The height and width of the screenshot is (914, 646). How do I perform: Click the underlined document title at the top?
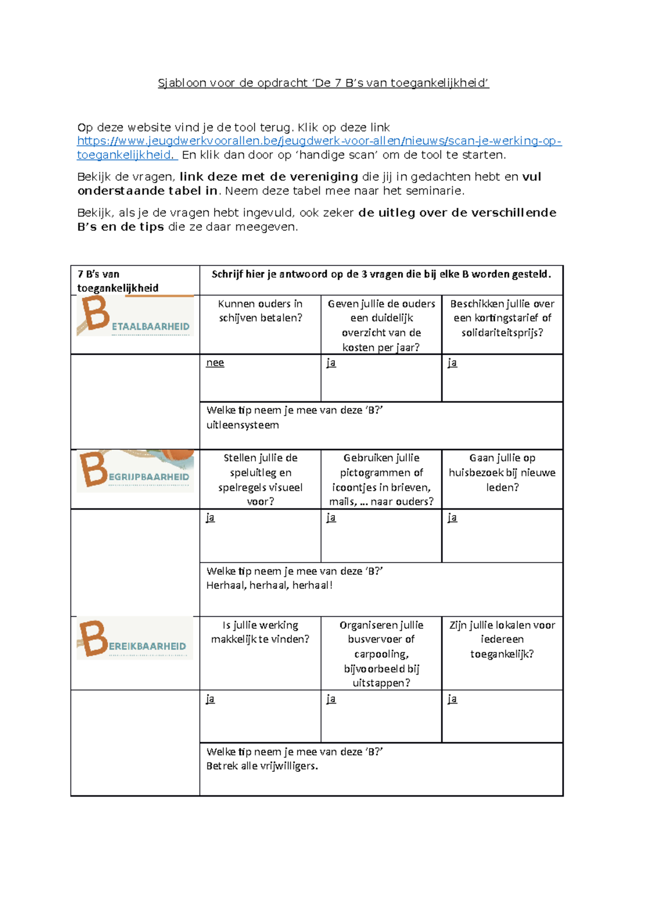coord(323,83)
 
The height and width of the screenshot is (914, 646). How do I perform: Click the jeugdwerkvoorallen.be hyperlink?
coord(319,141)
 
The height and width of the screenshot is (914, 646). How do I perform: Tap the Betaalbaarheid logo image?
coord(135,317)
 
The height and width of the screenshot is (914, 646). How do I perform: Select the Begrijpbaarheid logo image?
coord(135,471)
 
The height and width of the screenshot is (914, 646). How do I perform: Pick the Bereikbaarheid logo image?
coord(135,639)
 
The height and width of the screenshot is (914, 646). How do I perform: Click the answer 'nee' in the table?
coord(215,363)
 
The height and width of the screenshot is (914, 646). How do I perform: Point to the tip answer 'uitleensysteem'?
coord(242,425)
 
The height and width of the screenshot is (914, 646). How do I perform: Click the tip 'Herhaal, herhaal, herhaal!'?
coord(269,586)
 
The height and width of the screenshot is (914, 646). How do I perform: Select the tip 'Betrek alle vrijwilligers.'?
coord(262,766)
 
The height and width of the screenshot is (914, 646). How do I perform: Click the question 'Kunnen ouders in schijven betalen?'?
coord(260,311)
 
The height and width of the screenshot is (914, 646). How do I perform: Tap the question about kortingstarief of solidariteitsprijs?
coord(502,318)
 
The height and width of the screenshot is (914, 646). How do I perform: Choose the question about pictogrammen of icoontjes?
coord(381,480)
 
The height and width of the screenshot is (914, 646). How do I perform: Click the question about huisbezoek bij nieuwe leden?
coord(502,473)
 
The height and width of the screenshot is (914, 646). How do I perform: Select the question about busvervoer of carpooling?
coord(381,654)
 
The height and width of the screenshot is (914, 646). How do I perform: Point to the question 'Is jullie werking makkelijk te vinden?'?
coord(260,632)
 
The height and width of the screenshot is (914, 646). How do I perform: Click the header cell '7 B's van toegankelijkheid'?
coord(118,281)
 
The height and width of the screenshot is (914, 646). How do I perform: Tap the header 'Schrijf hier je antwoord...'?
coord(381,274)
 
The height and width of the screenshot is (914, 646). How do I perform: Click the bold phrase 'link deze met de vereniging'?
coord(269,177)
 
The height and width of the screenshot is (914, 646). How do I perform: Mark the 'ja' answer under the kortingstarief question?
coord(452,363)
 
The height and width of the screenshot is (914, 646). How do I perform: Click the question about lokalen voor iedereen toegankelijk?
coord(502,639)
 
